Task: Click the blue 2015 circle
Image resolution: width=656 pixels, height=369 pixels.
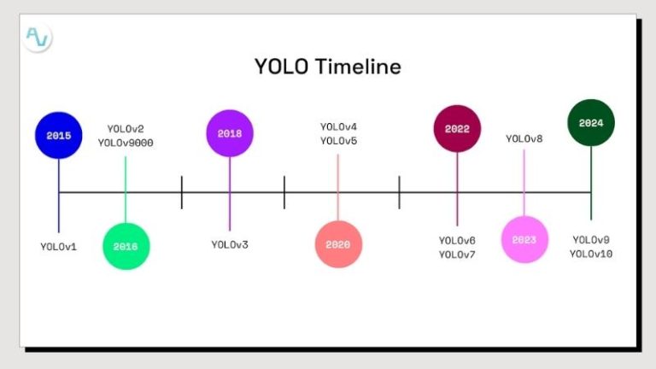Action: coord(58,135)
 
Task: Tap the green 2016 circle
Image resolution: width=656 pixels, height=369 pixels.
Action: coord(126,246)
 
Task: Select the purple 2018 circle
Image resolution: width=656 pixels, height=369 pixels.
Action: coord(229,133)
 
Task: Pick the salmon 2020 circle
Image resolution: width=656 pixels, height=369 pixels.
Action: coord(337,244)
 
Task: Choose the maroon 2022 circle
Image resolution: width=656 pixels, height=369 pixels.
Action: coord(457,129)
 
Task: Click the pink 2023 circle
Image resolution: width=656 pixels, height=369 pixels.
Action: coord(524,240)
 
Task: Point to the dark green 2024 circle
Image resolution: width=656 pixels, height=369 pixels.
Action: coord(591,123)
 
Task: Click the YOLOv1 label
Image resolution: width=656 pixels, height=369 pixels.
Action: coord(58,246)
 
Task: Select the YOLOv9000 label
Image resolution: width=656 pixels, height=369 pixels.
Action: coord(126,143)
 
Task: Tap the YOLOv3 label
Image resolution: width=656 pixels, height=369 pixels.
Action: coord(230,245)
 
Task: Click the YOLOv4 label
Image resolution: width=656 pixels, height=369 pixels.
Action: coord(338,127)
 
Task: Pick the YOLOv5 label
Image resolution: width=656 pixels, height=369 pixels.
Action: coord(338,141)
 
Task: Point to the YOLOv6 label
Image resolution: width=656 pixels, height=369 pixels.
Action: coord(457,241)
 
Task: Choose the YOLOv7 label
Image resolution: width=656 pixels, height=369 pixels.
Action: coord(457,255)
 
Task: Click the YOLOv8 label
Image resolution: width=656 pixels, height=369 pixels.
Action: coord(524,138)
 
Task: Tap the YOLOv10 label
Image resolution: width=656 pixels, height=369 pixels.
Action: coord(591,254)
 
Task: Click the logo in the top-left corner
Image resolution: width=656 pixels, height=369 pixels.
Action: coord(38,38)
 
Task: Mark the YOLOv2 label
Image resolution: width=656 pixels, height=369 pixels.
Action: coord(126,129)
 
